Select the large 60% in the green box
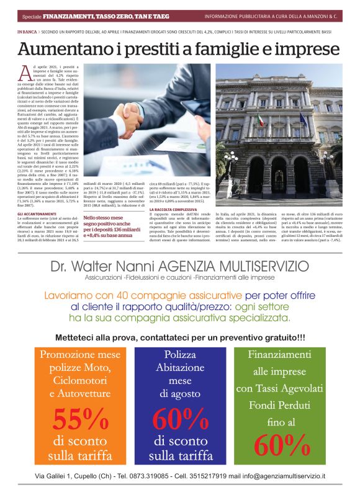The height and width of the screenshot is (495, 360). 281,445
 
